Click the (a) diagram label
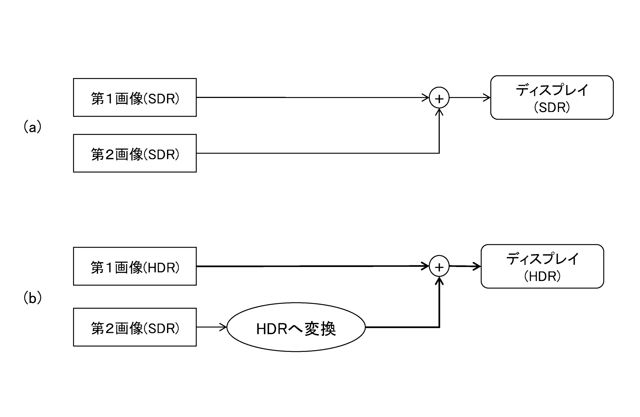pos(32,127)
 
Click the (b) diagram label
pos(32,298)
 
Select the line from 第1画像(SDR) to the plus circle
pos(313,97)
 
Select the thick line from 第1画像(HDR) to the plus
pos(313,266)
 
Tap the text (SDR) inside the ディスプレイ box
pos(552,107)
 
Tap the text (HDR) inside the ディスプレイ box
pos(542,276)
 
